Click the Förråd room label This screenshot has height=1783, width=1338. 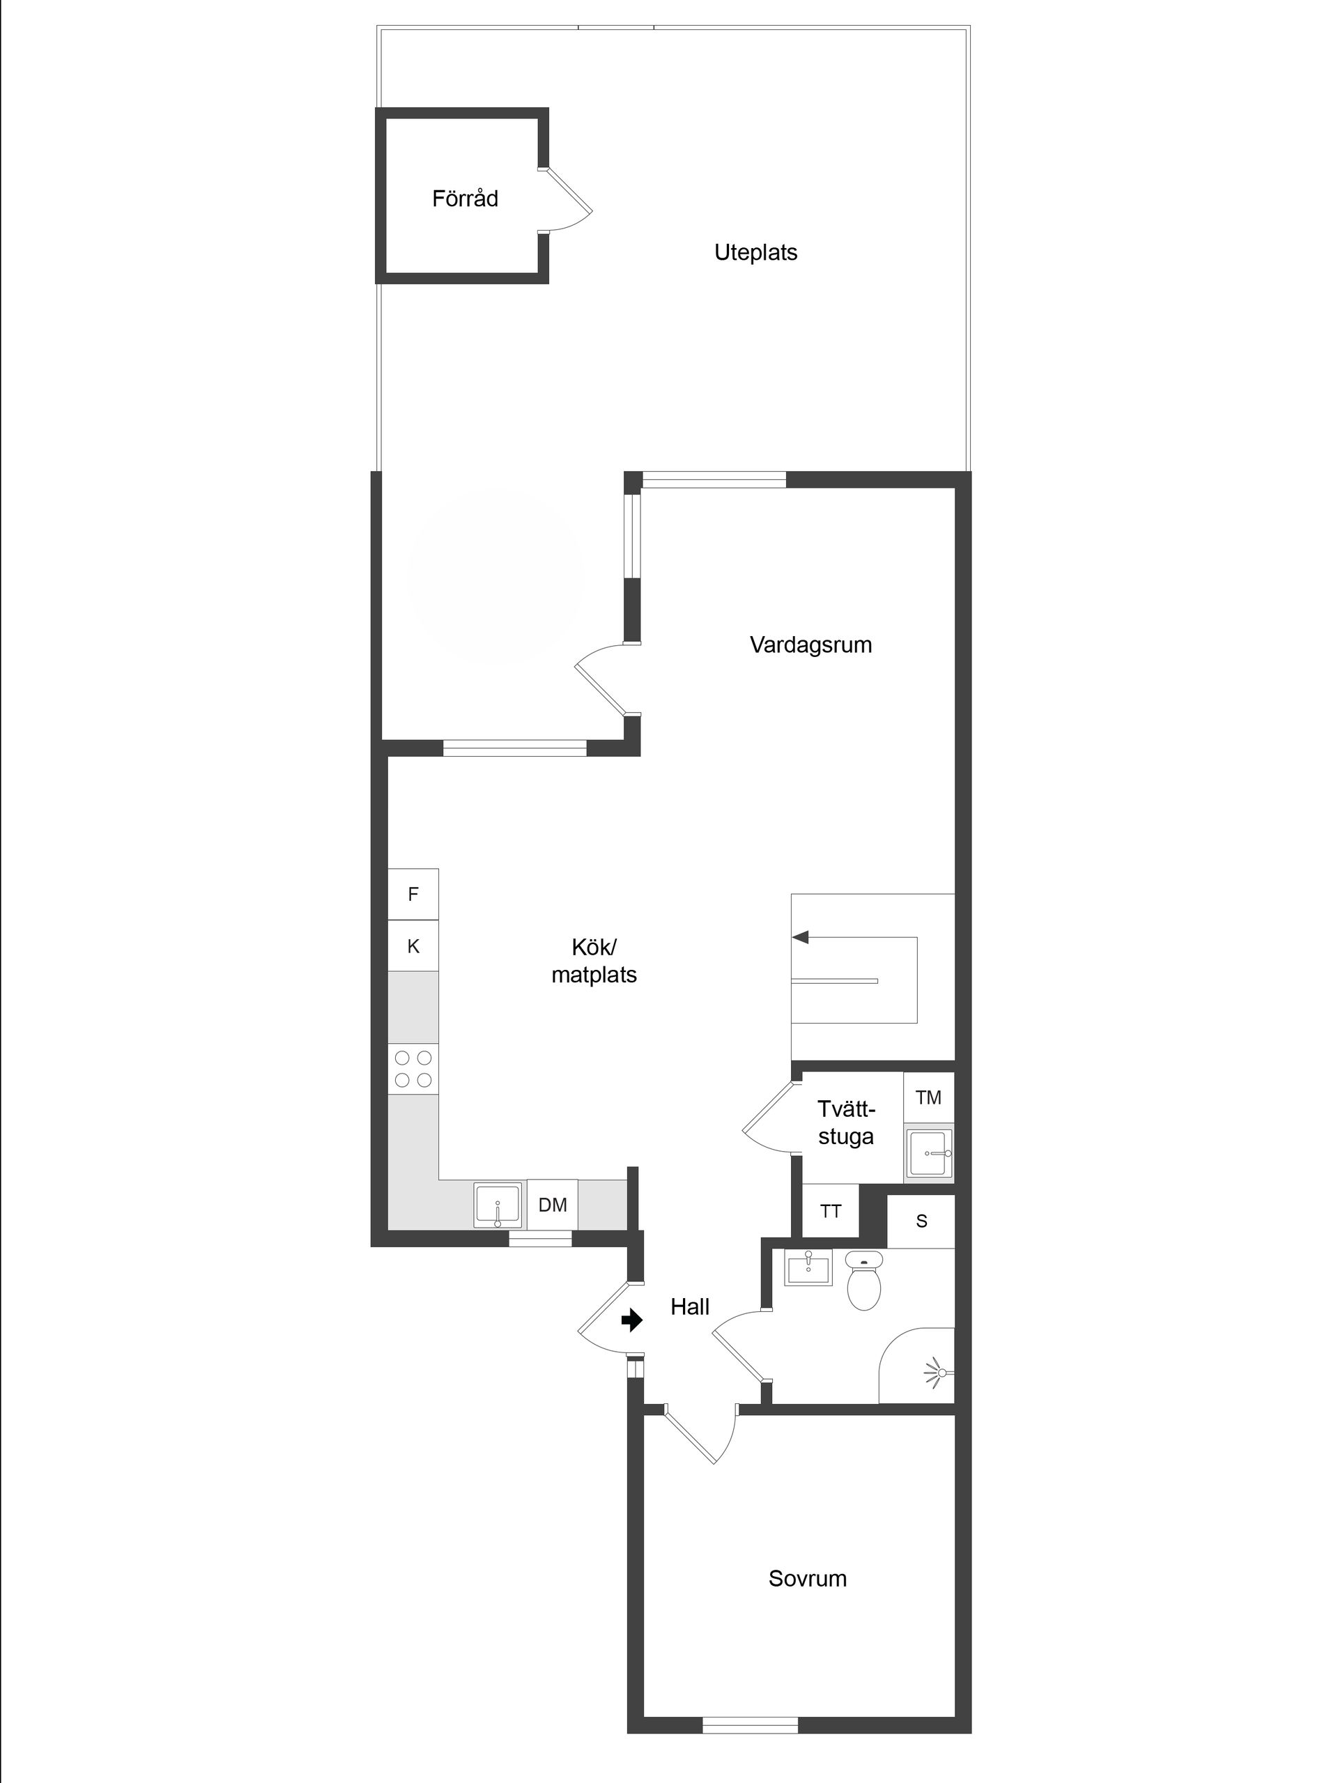coord(464,199)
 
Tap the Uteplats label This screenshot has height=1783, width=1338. coord(755,252)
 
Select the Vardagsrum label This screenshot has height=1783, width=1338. coord(810,644)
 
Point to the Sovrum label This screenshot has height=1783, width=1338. coord(807,1578)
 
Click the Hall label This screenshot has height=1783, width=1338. coord(689,1307)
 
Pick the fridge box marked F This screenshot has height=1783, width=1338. coord(413,894)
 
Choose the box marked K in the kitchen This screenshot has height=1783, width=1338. coord(413,945)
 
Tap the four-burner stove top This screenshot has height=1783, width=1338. coord(413,1069)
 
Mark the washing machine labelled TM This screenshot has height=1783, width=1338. coord(928,1097)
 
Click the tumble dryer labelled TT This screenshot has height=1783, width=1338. coord(830,1211)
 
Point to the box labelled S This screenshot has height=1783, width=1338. coord(921,1221)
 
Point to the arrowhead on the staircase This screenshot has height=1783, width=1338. coord(801,937)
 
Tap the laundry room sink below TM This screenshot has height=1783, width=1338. coord(928,1153)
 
